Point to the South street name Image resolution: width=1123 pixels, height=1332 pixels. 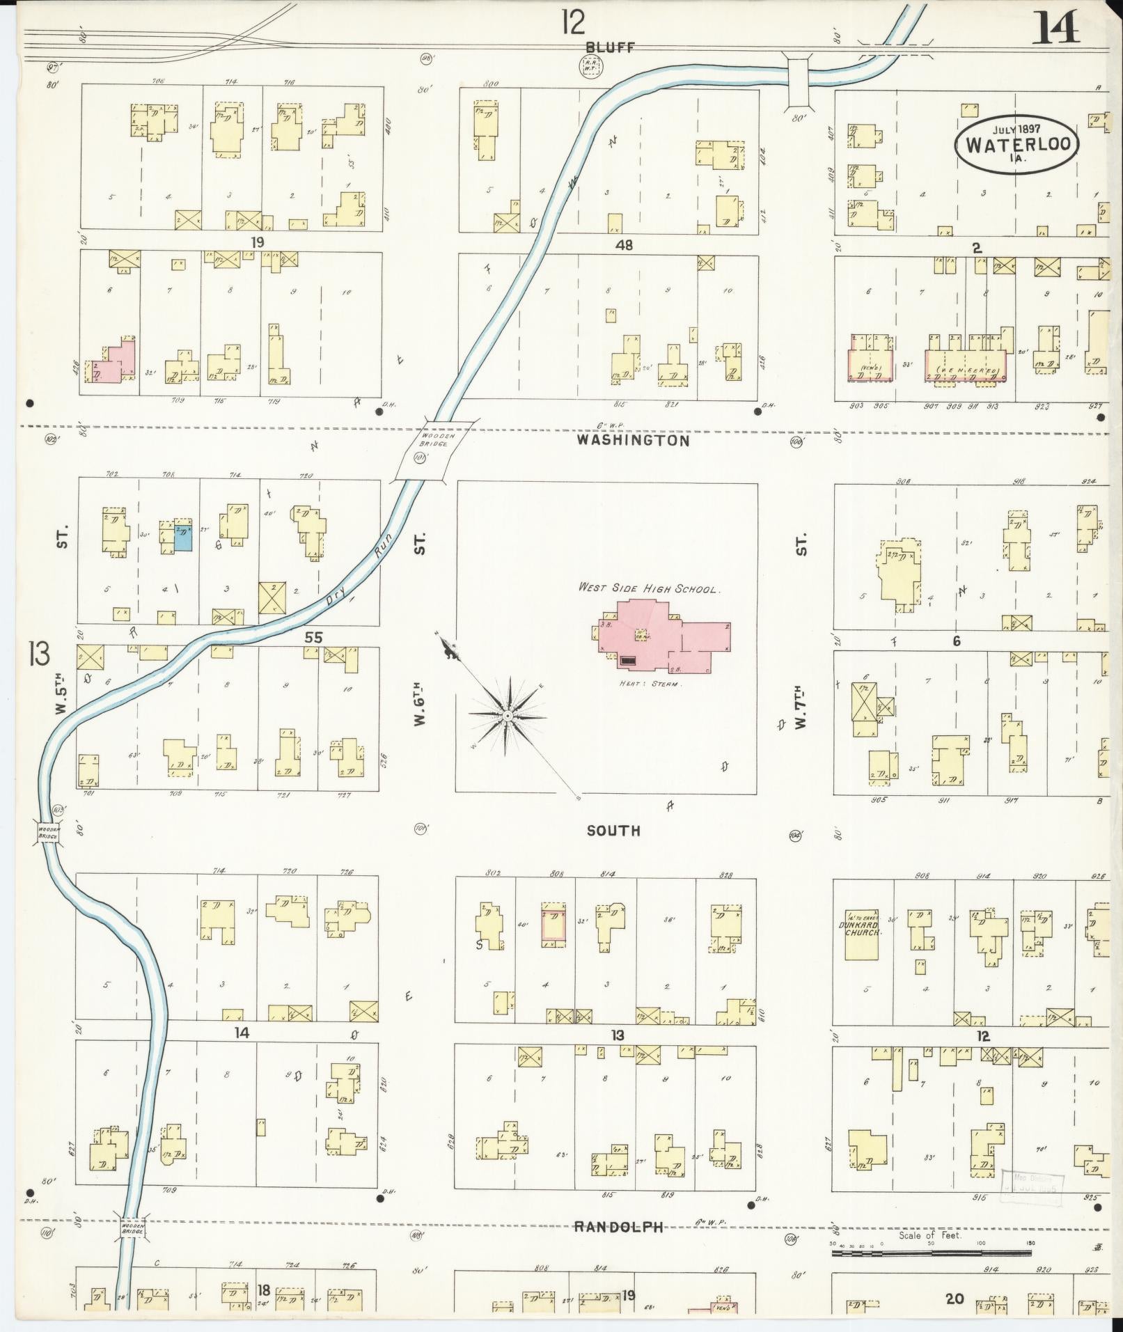(x=613, y=831)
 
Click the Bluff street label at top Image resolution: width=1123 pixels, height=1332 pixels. (x=610, y=47)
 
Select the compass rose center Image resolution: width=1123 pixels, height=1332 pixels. (x=509, y=716)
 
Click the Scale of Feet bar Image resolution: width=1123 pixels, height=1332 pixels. (x=932, y=1253)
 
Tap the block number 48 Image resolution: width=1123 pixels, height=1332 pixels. (x=624, y=245)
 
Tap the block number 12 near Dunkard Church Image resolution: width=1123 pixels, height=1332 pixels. (x=982, y=1036)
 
